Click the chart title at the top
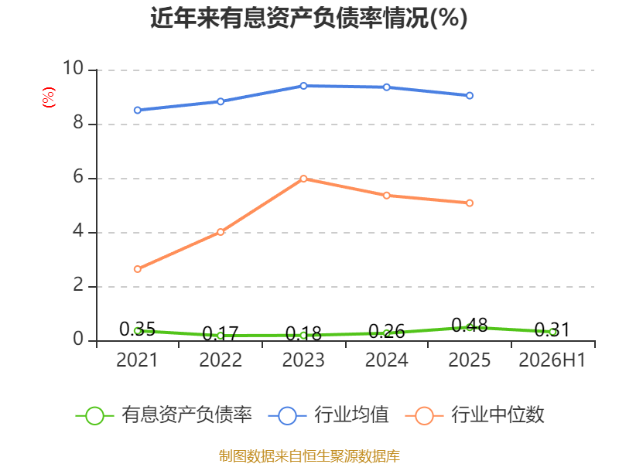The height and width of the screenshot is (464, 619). point(309,18)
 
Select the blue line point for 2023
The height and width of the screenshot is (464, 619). point(303,86)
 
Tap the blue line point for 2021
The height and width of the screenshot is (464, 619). point(138,110)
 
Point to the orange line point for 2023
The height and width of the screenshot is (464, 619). point(303,179)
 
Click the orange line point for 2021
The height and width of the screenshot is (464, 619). point(138,269)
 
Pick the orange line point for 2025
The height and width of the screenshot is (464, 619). point(470,203)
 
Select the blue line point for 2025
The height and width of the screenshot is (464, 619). point(470,95)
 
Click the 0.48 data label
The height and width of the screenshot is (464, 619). point(470,326)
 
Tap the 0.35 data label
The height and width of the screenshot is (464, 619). point(138,329)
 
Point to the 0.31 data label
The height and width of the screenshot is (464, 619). point(552,330)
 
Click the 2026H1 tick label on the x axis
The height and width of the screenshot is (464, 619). point(552,360)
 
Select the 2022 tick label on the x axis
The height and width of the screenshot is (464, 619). point(221,360)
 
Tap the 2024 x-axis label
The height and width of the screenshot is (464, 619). point(386,360)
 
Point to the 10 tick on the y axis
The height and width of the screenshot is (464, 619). point(74,68)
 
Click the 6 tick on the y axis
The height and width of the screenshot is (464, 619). point(78,177)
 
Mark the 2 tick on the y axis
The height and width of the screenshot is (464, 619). point(78,285)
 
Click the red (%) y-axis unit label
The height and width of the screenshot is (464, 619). point(49,97)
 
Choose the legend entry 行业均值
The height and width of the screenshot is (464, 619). point(328,415)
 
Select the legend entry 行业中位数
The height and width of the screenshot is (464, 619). point(475,415)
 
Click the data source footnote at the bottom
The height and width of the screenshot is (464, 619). point(309,455)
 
